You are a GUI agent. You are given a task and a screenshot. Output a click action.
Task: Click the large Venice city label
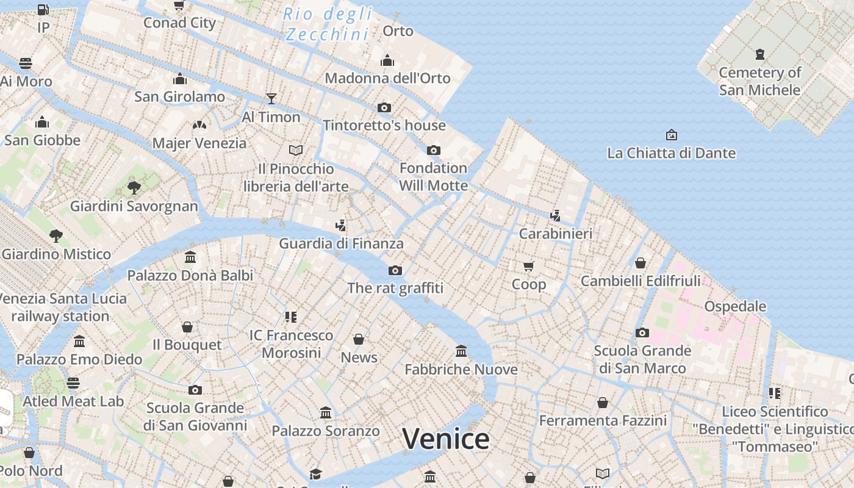446,439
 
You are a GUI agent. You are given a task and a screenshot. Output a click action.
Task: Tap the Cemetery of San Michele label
759,81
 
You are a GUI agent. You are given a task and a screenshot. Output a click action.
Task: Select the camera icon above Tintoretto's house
384,107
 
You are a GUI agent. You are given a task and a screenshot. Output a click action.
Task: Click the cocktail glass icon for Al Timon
271,98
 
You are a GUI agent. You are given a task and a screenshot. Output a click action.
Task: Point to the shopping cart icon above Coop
529,266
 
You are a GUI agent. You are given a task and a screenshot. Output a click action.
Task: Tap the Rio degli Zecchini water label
328,24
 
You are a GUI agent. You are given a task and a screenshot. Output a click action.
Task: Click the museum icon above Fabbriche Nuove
461,351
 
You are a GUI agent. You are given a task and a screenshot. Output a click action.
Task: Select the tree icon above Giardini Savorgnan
134,187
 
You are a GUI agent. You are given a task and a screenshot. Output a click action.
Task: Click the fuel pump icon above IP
43,9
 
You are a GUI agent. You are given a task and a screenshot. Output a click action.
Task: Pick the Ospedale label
735,306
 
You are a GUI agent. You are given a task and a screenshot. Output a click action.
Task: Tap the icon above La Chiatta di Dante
672,134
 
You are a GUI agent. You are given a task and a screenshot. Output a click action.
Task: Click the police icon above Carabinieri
555,215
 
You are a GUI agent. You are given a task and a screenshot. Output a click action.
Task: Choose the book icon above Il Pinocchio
296,150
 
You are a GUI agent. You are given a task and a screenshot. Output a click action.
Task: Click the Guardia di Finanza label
341,243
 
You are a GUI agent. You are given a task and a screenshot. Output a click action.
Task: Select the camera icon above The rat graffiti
395,270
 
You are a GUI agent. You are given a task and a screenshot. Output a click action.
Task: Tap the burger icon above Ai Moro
26,63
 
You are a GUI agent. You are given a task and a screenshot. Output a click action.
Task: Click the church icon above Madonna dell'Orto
387,60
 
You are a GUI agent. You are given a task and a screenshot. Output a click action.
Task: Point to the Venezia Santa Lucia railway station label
61,307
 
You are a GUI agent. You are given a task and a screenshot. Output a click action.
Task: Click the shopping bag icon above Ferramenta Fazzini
603,403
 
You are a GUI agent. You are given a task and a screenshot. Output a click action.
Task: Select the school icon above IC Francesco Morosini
291,317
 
